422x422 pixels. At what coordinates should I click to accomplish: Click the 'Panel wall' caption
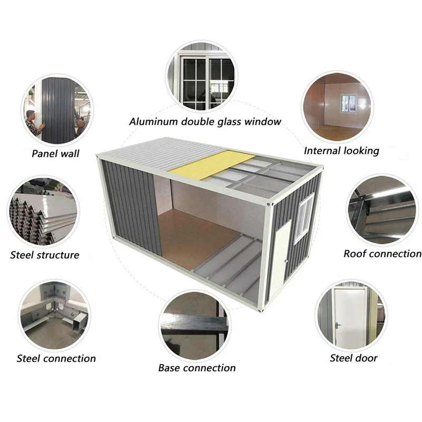click(55, 154)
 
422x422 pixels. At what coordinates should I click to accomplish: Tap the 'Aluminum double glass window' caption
click(205, 122)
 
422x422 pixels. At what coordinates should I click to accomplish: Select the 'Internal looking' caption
click(341, 151)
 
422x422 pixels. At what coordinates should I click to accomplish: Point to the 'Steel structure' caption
click(45, 255)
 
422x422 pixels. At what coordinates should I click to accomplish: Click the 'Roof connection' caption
click(382, 254)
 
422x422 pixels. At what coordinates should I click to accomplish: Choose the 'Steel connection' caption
click(56, 359)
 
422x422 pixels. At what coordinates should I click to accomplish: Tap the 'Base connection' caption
click(197, 368)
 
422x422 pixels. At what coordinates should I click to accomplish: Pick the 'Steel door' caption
click(353, 358)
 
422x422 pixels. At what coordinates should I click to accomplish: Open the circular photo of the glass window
click(202, 75)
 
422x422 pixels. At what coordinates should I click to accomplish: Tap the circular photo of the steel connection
click(54, 314)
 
